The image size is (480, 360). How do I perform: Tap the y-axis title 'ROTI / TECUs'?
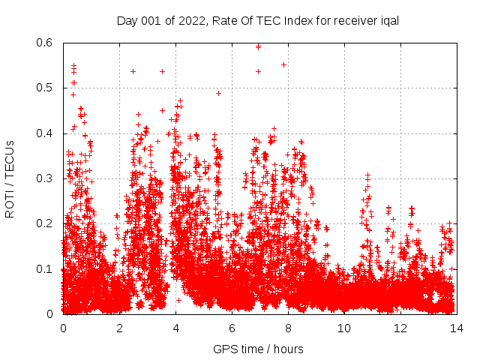point(10,178)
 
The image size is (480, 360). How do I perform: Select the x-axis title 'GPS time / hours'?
point(259,349)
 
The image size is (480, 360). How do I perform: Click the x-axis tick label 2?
point(119,328)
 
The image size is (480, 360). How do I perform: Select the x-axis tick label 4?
point(175,328)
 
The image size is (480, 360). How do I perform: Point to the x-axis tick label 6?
point(232,328)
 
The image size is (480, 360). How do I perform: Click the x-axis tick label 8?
point(288,328)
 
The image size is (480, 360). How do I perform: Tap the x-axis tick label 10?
point(344,328)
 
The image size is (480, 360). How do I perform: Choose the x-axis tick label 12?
point(400,328)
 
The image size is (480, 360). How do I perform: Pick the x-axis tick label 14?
point(457,328)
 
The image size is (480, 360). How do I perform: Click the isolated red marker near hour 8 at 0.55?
point(283,64)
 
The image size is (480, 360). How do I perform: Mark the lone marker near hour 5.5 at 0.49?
point(218,93)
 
